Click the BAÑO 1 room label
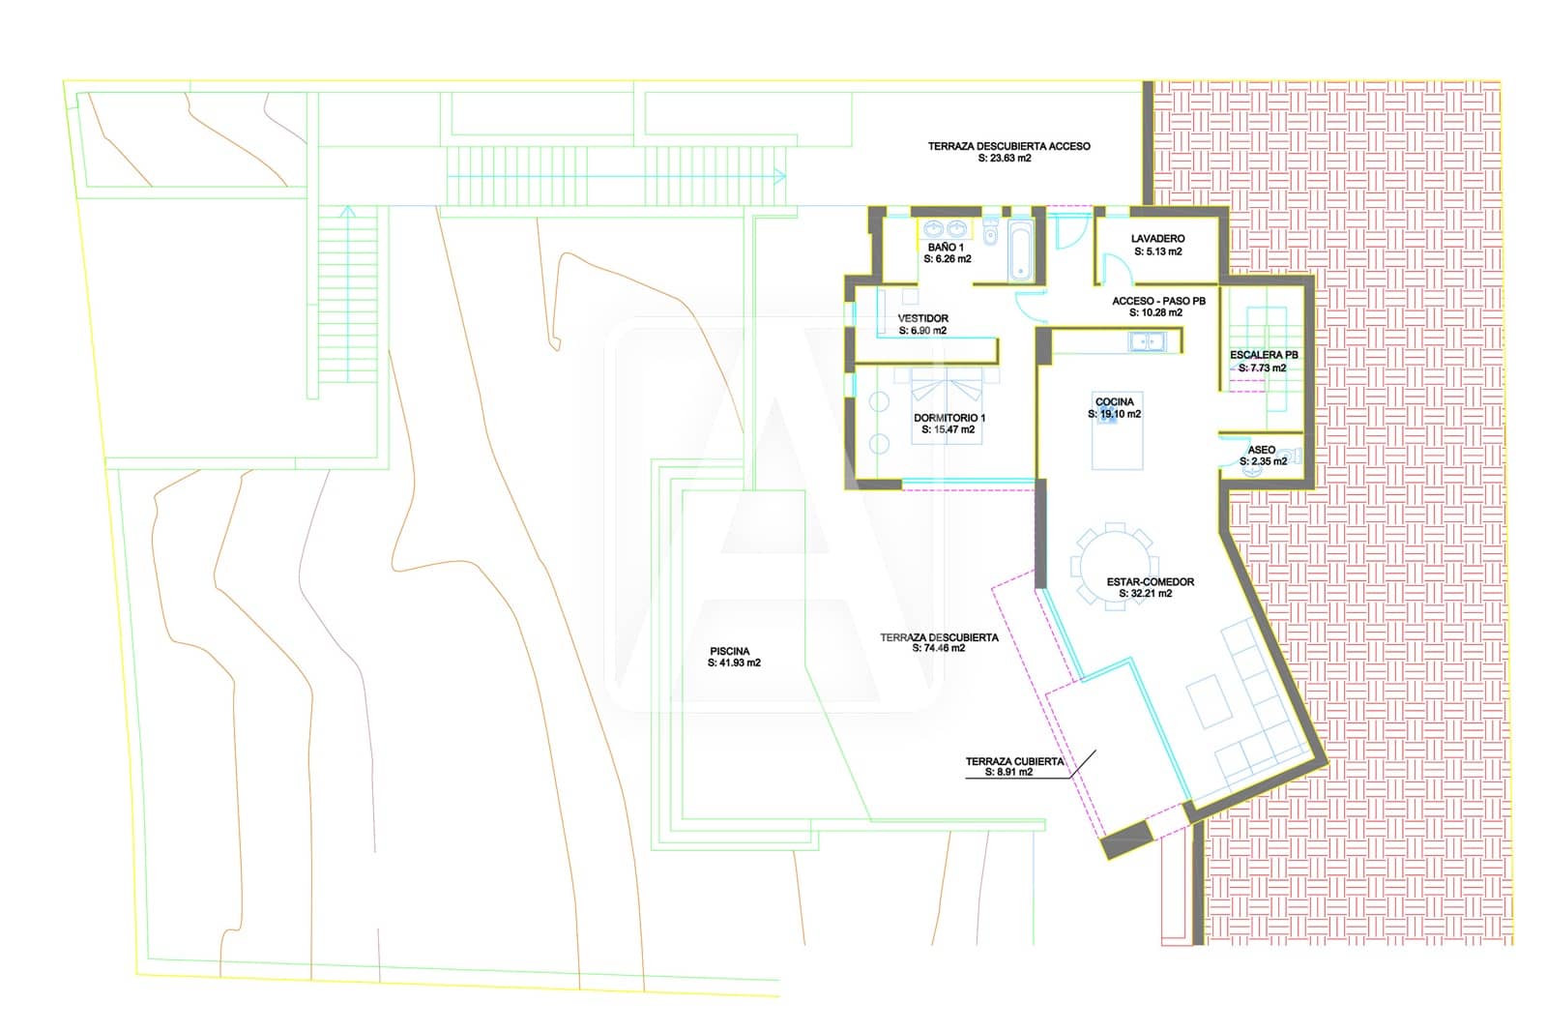click(x=946, y=248)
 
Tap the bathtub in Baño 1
click(x=1020, y=250)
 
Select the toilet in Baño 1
click(x=990, y=231)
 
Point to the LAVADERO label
click(x=1158, y=239)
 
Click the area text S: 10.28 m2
click(x=1156, y=313)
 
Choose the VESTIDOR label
click(x=922, y=318)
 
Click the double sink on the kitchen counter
click(x=1147, y=341)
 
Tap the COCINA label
click(x=1115, y=402)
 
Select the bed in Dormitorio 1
click(x=947, y=405)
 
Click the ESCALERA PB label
click(x=1264, y=355)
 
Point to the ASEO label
click(x=1262, y=450)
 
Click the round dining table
click(x=1115, y=567)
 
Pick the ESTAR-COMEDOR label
click(x=1151, y=582)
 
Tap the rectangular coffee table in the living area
click(x=1210, y=701)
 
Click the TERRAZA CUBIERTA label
click(x=1014, y=761)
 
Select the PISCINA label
click(x=730, y=651)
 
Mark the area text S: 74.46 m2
click(x=939, y=648)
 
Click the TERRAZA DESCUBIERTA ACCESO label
click(x=1009, y=146)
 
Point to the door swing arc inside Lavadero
click(x=1117, y=263)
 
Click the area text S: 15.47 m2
click(x=949, y=429)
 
